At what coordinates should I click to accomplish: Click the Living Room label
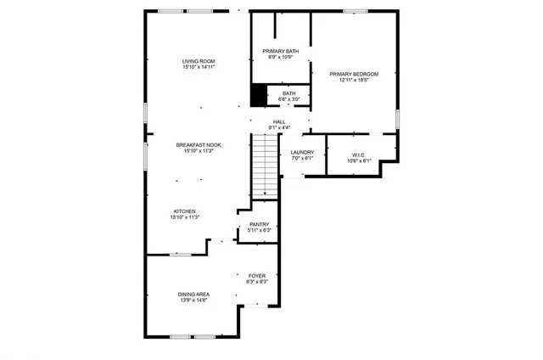point(199,61)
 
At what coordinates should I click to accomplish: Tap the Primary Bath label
point(279,52)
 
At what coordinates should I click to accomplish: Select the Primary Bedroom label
point(354,74)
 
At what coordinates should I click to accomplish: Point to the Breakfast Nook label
point(199,145)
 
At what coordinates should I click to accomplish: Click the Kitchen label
point(185,211)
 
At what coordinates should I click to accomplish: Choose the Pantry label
point(259,224)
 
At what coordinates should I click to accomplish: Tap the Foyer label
point(257,275)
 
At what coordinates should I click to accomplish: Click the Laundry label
point(302,152)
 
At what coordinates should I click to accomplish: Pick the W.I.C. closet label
point(358,155)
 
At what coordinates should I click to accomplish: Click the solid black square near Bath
point(259,96)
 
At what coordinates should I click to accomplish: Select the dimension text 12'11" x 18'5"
point(354,81)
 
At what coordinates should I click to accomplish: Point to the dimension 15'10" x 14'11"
point(199,68)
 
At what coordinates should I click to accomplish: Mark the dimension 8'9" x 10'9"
point(279,59)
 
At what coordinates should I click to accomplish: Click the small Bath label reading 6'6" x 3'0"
point(289,97)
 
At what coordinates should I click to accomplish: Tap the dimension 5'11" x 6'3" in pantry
point(259,230)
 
